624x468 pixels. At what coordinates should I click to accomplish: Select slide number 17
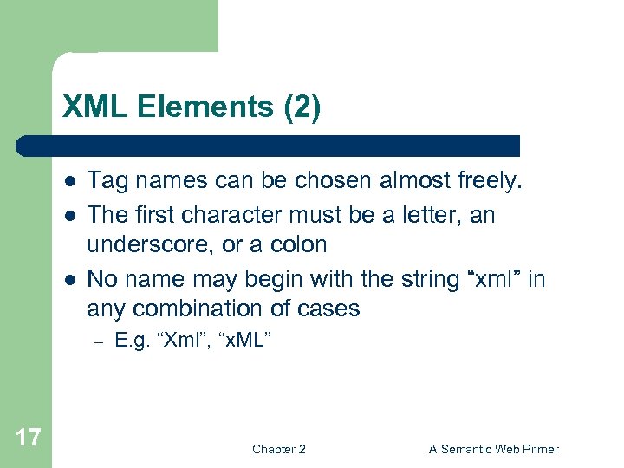point(29,437)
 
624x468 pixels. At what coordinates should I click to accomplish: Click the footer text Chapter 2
point(278,449)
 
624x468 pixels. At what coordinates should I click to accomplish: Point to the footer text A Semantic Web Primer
point(493,449)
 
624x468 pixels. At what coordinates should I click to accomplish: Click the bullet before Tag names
point(68,181)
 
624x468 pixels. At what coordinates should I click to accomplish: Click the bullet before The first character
point(68,214)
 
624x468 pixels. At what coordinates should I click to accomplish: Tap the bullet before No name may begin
point(68,278)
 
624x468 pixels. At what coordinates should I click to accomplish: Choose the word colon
point(298,244)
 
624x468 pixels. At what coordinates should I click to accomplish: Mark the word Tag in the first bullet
point(106,181)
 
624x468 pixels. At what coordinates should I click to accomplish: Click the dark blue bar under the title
point(269,145)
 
